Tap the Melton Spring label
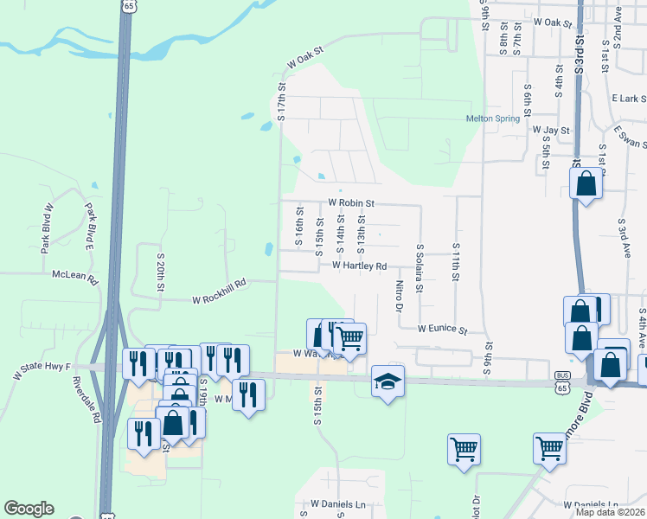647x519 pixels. pyautogui.click(x=491, y=119)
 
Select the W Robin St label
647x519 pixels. pyautogui.click(x=350, y=203)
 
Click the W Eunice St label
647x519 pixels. pyautogui.click(x=442, y=330)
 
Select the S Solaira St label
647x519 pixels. pyautogui.click(x=420, y=270)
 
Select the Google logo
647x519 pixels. pyautogui.click(x=29, y=509)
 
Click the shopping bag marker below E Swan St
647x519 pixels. pyautogui.click(x=586, y=183)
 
